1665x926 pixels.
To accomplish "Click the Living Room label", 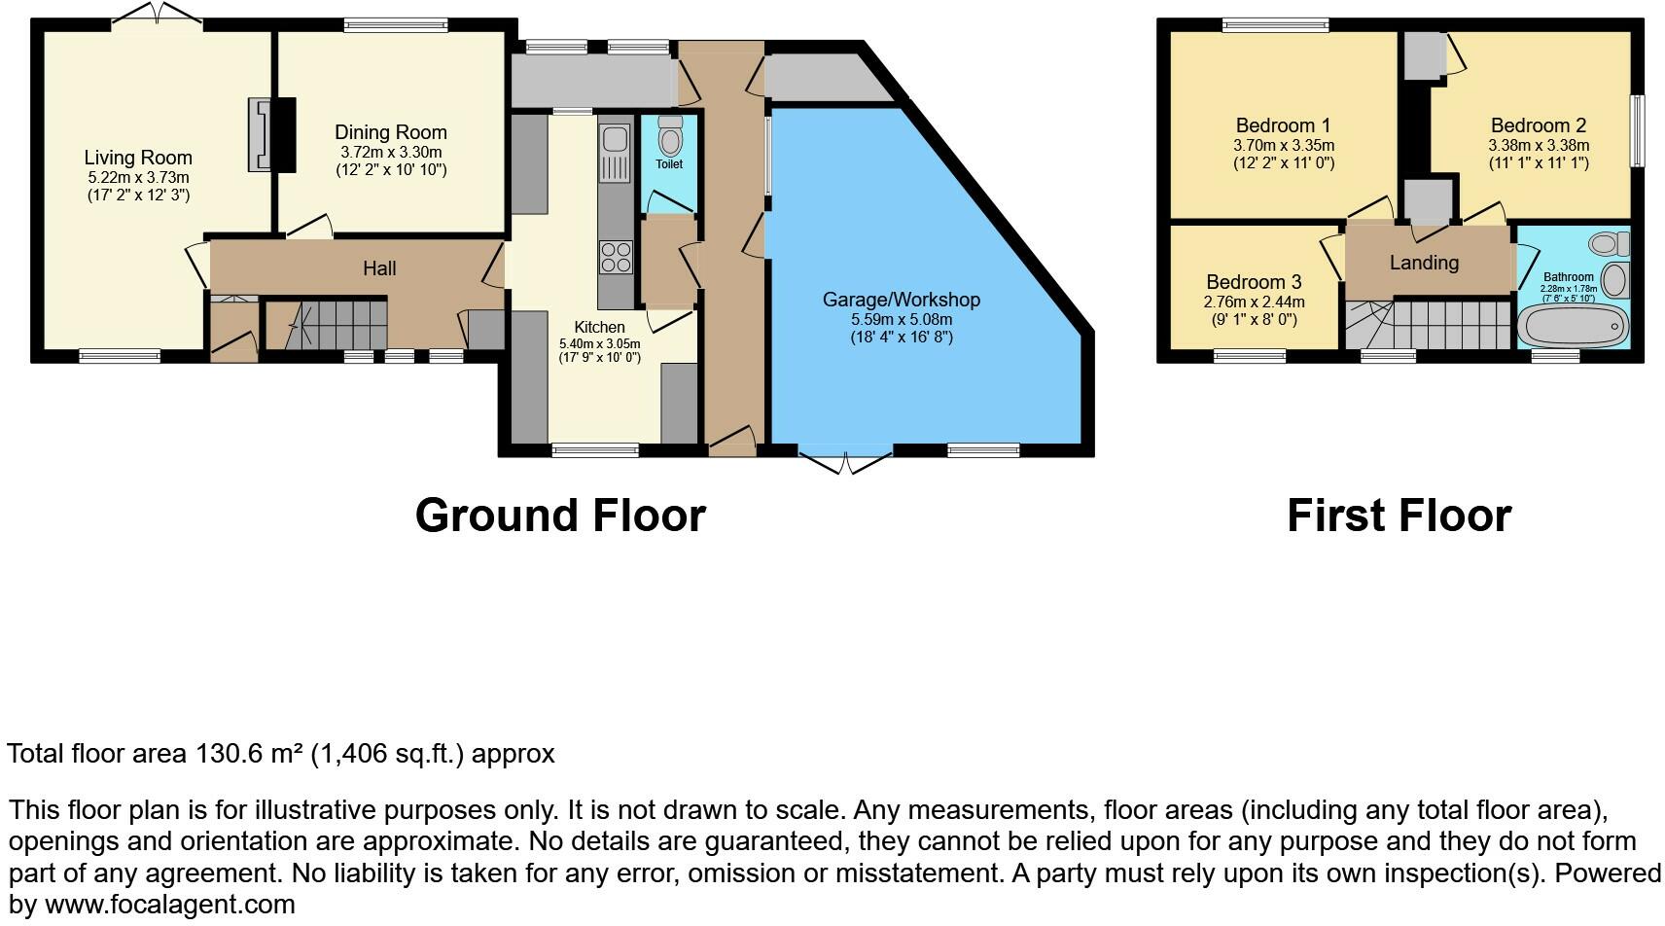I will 138,158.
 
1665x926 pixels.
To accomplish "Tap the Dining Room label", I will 391,132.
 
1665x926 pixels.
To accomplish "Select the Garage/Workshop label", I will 902,300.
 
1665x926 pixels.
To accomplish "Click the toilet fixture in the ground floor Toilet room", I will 670,137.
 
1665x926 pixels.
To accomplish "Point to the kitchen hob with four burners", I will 616,258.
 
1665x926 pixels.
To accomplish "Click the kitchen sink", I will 616,154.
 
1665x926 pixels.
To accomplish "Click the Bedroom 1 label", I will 1283,125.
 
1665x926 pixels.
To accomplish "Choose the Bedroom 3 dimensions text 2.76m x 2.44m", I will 1254,302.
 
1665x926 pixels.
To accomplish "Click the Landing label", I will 1424,263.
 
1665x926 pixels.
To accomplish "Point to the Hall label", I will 379,268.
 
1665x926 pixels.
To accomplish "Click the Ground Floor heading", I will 560,516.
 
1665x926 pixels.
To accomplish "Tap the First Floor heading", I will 1399,516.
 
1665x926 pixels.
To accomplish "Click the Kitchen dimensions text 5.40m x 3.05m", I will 600,343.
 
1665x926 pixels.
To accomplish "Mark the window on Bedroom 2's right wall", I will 1638,130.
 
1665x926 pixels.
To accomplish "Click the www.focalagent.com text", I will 170,905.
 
